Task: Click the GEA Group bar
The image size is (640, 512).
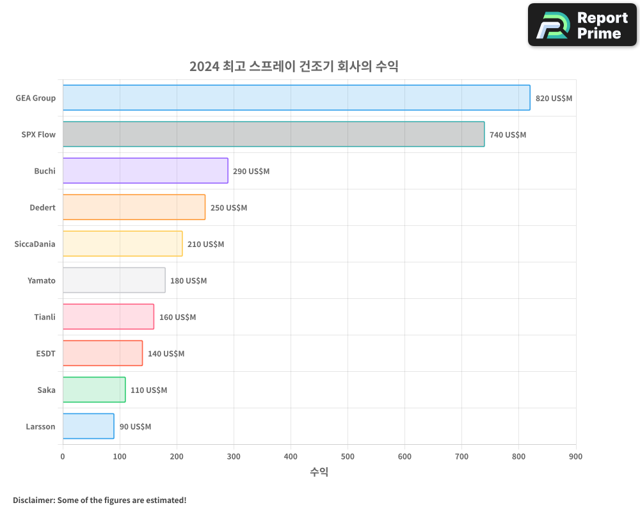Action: click(296, 98)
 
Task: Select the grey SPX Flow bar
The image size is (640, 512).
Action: click(273, 134)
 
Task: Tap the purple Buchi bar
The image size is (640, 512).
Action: click(145, 171)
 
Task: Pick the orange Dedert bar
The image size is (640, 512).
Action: click(134, 207)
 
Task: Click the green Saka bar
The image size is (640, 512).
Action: click(94, 390)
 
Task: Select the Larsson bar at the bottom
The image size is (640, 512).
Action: click(88, 426)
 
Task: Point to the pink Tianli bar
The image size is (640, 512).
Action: click(108, 317)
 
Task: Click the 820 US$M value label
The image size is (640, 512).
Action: click(554, 99)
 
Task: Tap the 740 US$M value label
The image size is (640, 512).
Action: click(508, 135)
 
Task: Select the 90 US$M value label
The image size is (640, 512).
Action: click(135, 427)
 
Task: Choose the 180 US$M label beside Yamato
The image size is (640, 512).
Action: click(188, 281)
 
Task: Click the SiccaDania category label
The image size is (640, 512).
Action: click(35, 244)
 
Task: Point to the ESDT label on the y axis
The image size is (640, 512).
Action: click(45, 353)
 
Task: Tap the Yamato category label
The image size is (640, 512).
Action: click(42, 280)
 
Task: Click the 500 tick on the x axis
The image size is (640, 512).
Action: click(348, 456)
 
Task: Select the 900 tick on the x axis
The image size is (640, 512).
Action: click(575, 456)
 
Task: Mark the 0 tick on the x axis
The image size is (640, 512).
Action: click(63, 456)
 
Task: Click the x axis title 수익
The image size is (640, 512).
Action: click(319, 472)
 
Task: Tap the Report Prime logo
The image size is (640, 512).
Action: click(582, 25)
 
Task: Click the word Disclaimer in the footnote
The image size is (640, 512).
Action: click(33, 500)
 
